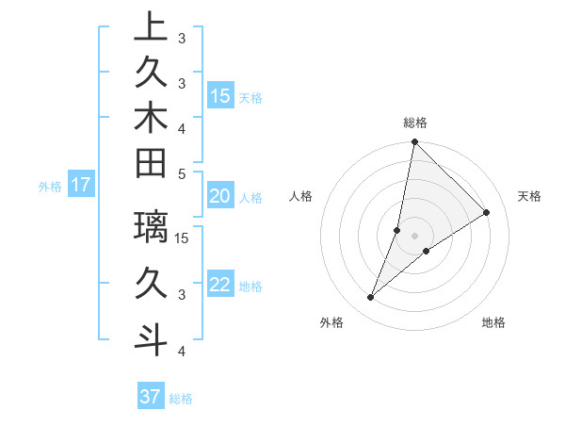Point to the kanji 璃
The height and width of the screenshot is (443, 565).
151,227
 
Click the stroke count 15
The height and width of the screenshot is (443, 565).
183,238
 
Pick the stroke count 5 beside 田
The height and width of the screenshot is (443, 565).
182,173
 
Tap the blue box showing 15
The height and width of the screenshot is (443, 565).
220,95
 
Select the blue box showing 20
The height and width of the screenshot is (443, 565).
220,196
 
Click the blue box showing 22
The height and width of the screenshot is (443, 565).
220,285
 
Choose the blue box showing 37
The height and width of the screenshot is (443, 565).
151,397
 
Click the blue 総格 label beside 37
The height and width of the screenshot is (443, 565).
182,399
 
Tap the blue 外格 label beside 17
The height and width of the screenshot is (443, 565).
50,187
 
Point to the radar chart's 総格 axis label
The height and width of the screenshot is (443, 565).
415,123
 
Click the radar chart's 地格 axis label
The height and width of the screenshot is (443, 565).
493,322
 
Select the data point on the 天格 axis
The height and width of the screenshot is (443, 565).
487,212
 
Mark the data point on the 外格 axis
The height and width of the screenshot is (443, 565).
371,298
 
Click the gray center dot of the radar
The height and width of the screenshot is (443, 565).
415,236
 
